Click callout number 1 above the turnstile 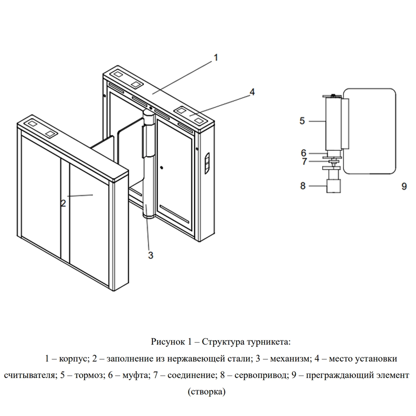(216, 58)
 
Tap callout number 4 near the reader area (252, 92)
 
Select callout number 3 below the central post (151, 256)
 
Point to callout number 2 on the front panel (63, 204)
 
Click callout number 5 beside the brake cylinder (302, 121)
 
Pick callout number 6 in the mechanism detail (303, 153)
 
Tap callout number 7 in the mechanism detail (304, 161)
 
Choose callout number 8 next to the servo (303, 186)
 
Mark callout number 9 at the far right (404, 186)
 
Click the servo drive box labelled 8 (334, 186)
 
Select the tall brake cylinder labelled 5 (333, 123)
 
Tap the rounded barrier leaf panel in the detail (369, 131)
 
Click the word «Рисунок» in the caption (168, 341)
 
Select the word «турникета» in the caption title (269, 342)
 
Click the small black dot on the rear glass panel (162, 168)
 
